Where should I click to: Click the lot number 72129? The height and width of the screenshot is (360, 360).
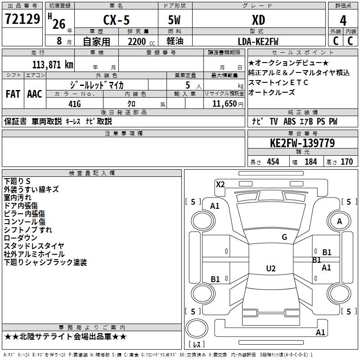(22, 20)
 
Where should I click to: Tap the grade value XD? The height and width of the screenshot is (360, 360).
(258, 20)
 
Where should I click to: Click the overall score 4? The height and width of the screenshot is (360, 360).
(343, 20)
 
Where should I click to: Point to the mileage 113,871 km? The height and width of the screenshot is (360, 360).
(53, 64)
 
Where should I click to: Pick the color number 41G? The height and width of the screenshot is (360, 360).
(74, 104)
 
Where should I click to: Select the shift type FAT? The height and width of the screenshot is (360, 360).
(13, 94)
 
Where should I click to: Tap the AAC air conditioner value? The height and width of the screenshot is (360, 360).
(35, 94)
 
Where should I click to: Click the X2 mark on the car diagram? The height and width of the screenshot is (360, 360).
(220, 184)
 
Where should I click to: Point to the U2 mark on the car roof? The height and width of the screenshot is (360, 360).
(270, 269)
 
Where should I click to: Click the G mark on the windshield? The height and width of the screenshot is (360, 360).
(284, 237)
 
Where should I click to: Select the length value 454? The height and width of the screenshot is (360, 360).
(273, 162)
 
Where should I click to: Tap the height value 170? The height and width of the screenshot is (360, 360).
(346, 162)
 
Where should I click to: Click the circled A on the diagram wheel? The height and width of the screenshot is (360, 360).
(339, 221)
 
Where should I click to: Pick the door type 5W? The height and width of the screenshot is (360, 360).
(175, 20)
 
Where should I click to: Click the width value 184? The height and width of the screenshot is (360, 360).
(310, 162)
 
